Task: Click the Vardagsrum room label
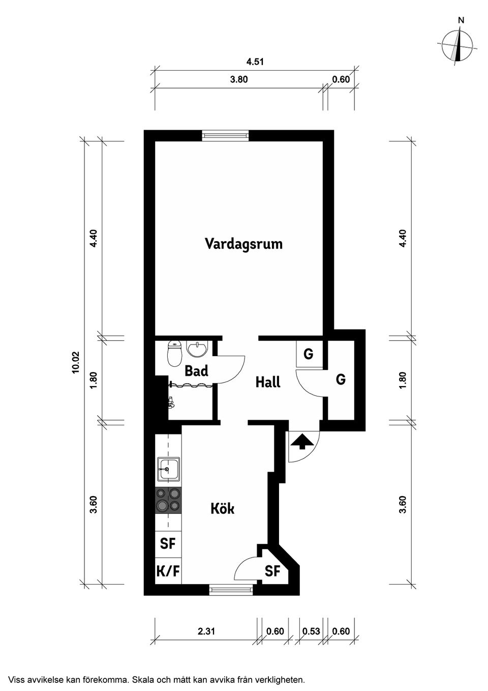click(243, 244)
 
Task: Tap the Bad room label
click(196, 371)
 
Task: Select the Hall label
click(268, 382)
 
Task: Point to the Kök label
click(223, 508)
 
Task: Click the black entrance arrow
click(302, 442)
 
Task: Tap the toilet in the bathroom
click(174, 354)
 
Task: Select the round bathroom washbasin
click(197, 349)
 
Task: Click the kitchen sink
click(168, 469)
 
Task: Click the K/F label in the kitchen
click(168, 571)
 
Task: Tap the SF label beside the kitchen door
click(272, 571)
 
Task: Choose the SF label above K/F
click(168, 543)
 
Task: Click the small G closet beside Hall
click(308, 354)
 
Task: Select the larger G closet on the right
click(341, 380)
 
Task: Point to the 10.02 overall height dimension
click(76, 363)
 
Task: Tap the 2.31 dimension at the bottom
click(206, 631)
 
